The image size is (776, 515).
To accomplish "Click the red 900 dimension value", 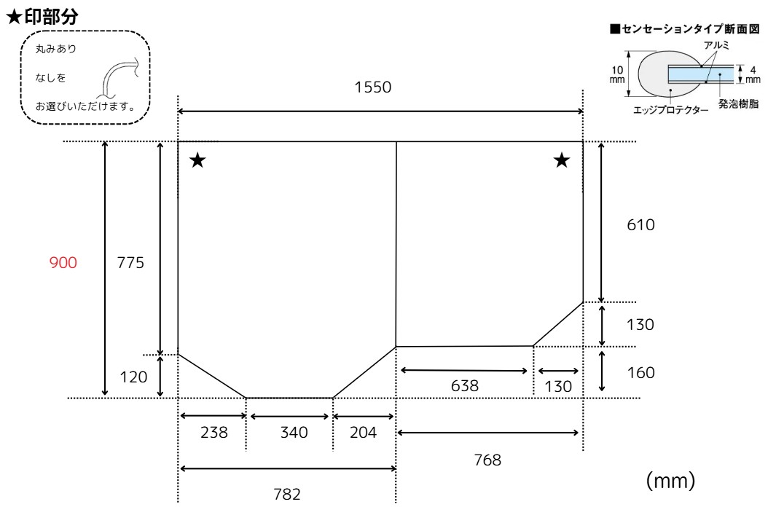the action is pyautogui.click(x=63, y=262).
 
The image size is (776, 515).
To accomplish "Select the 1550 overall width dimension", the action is pyautogui.click(x=372, y=87).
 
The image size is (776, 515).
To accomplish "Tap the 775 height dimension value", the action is pyautogui.click(x=130, y=262).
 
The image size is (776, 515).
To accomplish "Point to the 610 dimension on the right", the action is pyautogui.click(x=640, y=224).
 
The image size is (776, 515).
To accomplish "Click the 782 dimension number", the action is pyautogui.click(x=287, y=494).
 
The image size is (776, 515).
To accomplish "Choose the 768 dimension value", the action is pyautogui.click(x=487, y=460).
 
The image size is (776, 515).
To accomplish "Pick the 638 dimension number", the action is pyautogui.click(x=465, y=386).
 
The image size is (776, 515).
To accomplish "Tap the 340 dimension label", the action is pyautogui.click(x=294, y=433).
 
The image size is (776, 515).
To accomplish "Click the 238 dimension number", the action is pyautogui.click(x=213, y=433).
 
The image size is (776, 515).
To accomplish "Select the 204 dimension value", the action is pyautogui.click(x=364, y=433).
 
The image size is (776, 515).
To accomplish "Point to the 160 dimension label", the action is pyautogui.click(x=640, y=372).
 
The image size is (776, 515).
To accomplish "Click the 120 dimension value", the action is pyautogui.click(x=133, y=377).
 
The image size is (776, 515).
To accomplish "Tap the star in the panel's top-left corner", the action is pyautogui.click(x=197, y=160).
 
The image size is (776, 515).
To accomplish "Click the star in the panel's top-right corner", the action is pyautogui.click(x=561, y=160).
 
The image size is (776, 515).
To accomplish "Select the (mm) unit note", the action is pyautogui.click(x=670, y=480).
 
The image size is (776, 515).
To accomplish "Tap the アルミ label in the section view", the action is pyautogui.click(x=716, y=45).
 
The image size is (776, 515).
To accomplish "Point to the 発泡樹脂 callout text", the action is pyautogui.click(x=738, y=104).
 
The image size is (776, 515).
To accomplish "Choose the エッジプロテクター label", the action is pyautogui.click(x=670, y=110).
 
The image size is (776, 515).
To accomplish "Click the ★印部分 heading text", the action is pyautogui.click(x=42, y=17).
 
